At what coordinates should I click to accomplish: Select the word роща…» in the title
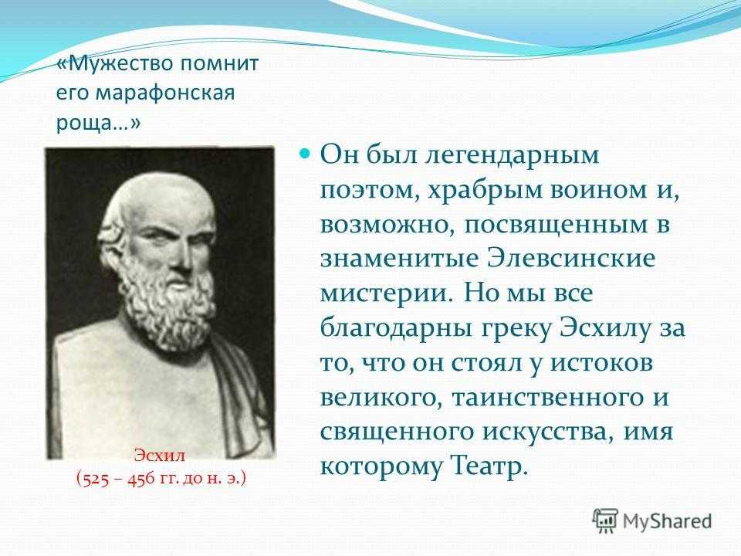tap(98, 124)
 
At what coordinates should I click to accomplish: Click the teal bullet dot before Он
tap(306, 154)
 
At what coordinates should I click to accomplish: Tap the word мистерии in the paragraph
tap(384, 294)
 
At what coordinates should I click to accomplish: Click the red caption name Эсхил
tap(160, 456)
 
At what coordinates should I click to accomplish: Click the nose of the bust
tap(185, 258)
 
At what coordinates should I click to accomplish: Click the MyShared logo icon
tap(605, 522)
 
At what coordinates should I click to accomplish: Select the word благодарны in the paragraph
tap(396, 329)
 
